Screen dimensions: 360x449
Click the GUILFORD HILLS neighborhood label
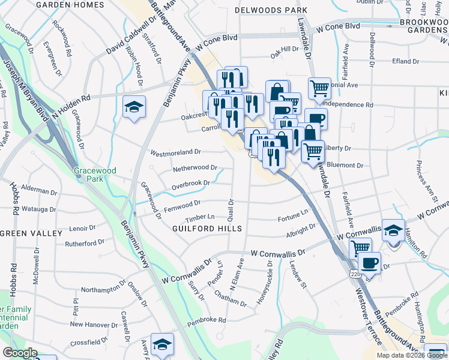click(x=207, y=229)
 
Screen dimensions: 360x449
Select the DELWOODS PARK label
click(x=271, y=10)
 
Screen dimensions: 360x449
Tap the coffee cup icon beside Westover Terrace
click(x=369, y=263)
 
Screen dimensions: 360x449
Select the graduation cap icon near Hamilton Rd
click(x=393, y=231)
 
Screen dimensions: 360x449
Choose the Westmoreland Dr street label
click(x=175, y=152)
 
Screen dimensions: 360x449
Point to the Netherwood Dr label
click(x=194, y=169)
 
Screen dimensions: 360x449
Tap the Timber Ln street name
click(x=200, y=217)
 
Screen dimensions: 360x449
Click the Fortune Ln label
click(x=293, y=212)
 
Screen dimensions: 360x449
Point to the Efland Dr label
click(x=406, y=61)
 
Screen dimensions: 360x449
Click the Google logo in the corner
click(x=20, y=353)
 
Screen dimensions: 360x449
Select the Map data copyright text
click(x=412, y=355)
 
